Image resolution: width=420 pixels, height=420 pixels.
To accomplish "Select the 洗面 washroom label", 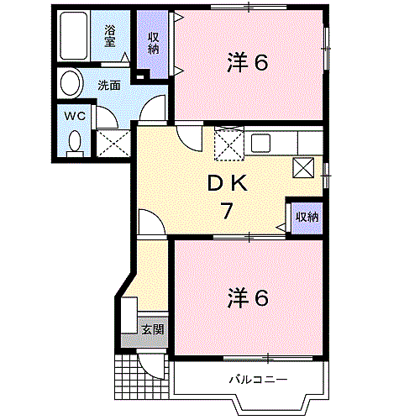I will click(x=108, y=84).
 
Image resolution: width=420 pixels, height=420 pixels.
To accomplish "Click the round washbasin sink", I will click(x=71, y=84).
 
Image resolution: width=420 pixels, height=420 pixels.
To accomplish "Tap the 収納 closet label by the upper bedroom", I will click(x=155, y=42).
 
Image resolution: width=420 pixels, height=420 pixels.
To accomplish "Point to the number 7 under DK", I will click(x=226, y=211).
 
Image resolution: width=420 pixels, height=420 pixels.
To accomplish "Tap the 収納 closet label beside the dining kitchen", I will click(x=306, y=217).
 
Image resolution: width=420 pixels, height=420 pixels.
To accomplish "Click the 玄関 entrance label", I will click(x=152, y=328).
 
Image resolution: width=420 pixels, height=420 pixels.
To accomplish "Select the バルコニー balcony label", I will click(x=259, y=380).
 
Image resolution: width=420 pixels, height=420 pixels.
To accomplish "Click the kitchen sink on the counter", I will click(x=259, y=141).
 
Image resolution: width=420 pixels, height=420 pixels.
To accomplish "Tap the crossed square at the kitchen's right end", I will click(x=304, y=167).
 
